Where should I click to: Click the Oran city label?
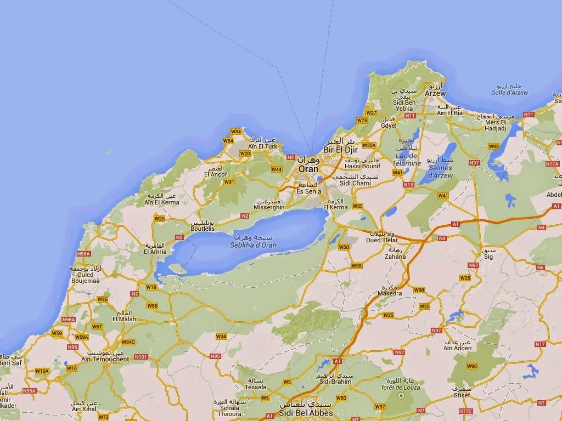pyautogui.click(x=308, y=169)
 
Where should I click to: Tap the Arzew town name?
pyautogui.click(x=435, y=93)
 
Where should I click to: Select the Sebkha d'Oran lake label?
pyautogui.click(x=253, y=245)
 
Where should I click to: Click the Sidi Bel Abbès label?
pyautogui.click(x=305, y=413)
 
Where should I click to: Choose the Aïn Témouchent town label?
pyautogui.click(x=105, y=359)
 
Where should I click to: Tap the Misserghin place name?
pyautogui.click(x=269, y=208)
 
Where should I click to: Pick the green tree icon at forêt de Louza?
pyautogui.click(x=401, y=395)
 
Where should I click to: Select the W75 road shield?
pyautogui.click(x=362, y=120)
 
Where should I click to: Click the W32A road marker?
pyautogui.click(x=369, y=145)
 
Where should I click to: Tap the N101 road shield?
pyautogui.click(x=141, y=357)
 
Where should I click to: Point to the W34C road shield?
pyautogui.click(x=128, y=342)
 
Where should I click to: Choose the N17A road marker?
pyautogui.click(x=552, y=164)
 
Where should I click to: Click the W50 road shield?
pyautogui.click(x=344, y=247)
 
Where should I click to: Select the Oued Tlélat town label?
pyautogui.click(x=380, y=240)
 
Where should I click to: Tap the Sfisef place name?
pyautogui.click(x=462, y=395)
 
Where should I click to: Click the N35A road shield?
pyautogui.click(x=29, y=391)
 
